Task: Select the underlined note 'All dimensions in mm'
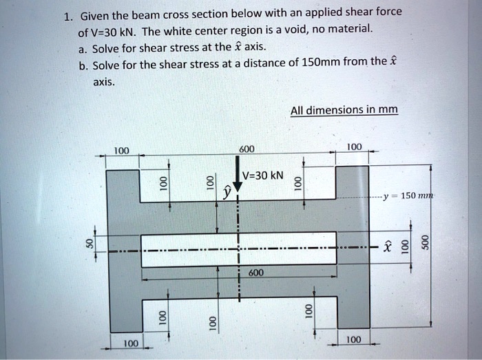[x=344, y=110]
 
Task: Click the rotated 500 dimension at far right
[x=426, y=244]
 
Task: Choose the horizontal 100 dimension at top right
[x=353, y=147]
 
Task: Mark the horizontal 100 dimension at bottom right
[x=353, y=339]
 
